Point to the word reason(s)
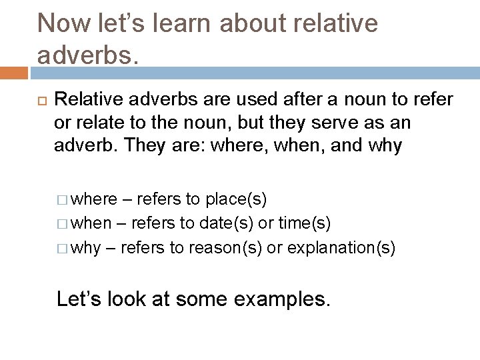[x=225, y=248]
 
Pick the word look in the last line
[x=125, y=299]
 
